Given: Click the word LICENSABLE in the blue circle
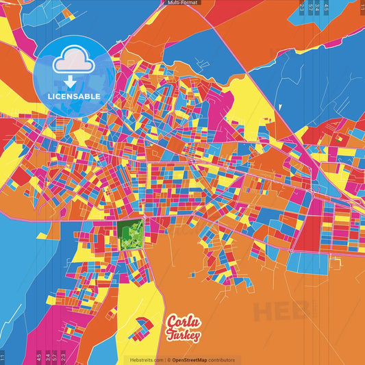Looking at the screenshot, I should pyautogui.click(x=73, y=97).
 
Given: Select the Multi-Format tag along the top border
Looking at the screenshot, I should pyautogui.click(x=182, y=3).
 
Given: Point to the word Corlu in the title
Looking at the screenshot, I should pyautogui.click(x=182, y=321).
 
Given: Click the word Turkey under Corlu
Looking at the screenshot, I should pyautogui.click(x=184, y=335).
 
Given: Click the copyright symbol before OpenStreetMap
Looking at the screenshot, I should pyautogui.click(x=169, y=360).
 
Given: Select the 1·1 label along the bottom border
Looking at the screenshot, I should pyautogui.click(x=3, y=357).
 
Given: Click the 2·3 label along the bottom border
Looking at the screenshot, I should pyautogui.click(x=63, y=357).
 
